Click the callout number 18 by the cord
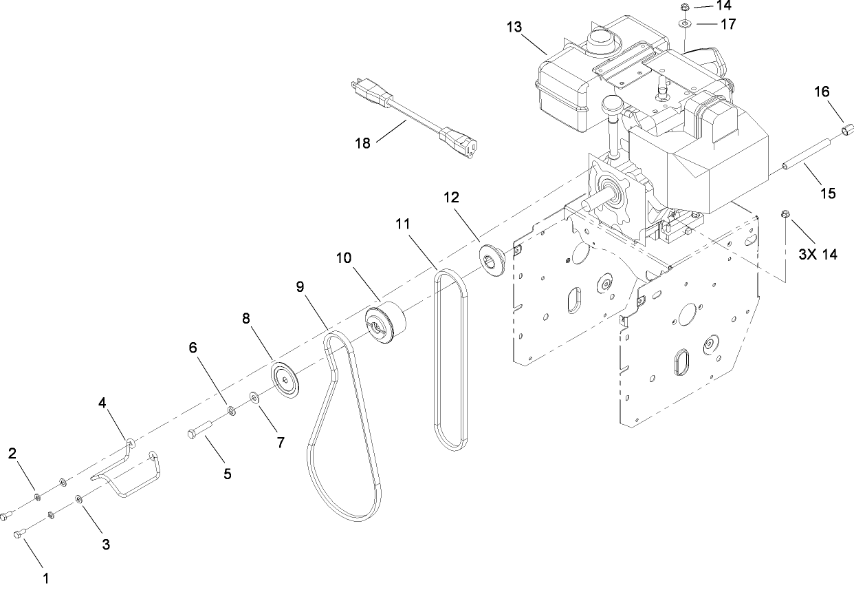coord(363,143)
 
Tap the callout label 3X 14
coord(818,254)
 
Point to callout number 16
coord(822,92)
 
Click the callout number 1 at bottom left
coord(46,578)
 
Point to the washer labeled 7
coord(254,397)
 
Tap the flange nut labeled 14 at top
coord(684,8)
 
